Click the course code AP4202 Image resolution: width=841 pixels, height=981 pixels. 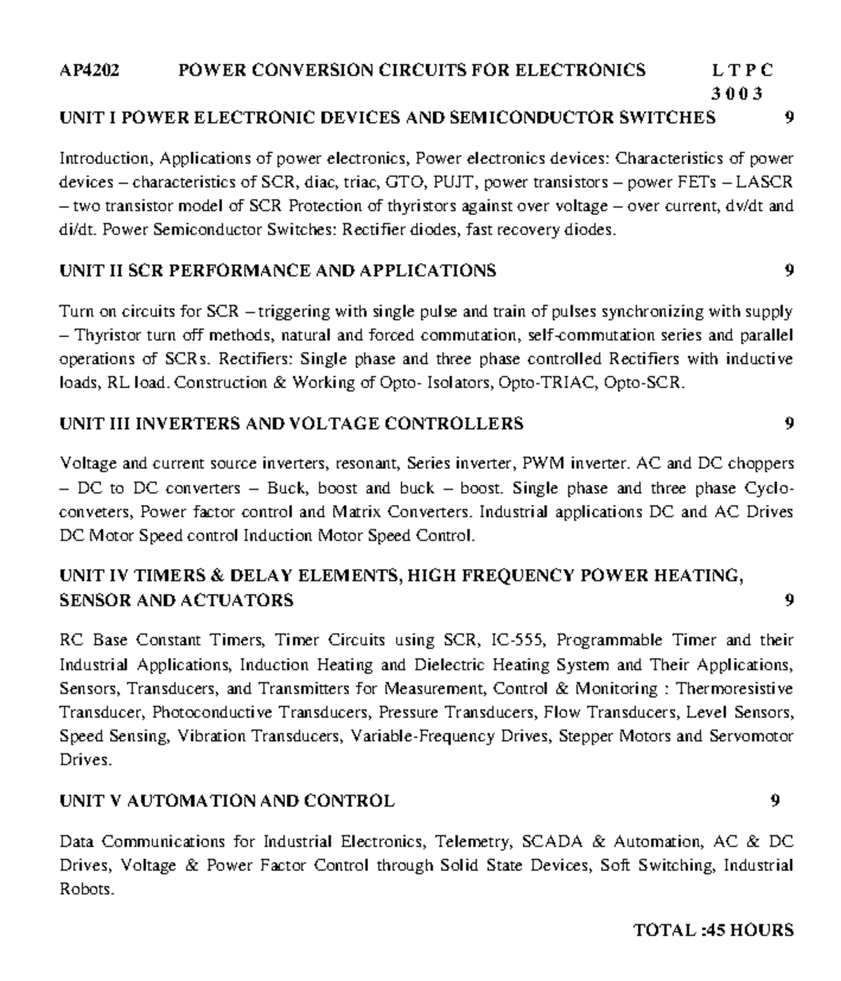tap(89, 70)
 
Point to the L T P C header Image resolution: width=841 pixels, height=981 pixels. tap(742, 70)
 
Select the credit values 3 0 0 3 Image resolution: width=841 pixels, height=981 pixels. tap(737, 94)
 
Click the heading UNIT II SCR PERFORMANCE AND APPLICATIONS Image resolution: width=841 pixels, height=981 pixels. tap(278, 270)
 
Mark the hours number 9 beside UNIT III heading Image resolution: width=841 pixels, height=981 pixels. tap(789, 423)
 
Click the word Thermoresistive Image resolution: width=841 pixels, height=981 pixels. tap(734, 689)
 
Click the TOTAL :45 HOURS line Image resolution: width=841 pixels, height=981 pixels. tap(713, 931)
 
